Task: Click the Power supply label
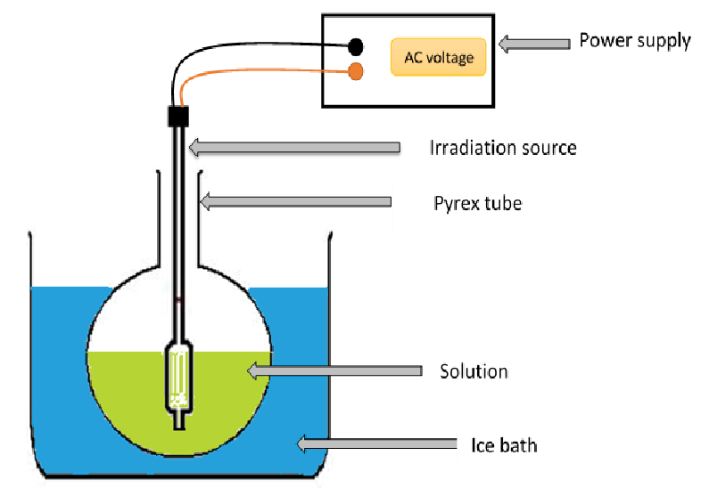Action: (x=634, y=41)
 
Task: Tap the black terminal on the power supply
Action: (x=356, y=45)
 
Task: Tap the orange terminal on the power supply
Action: (x=356, y=71)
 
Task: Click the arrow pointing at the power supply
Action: (x=533, y=42)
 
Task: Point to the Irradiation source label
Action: (x=503, y=148)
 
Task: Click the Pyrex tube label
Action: (x=477, y=203)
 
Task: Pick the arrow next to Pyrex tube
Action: (x=294, y=202)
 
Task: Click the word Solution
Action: (x=474, y=370)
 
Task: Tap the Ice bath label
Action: (x=504, y=443)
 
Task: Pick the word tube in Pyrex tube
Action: (x=504, y=203)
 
